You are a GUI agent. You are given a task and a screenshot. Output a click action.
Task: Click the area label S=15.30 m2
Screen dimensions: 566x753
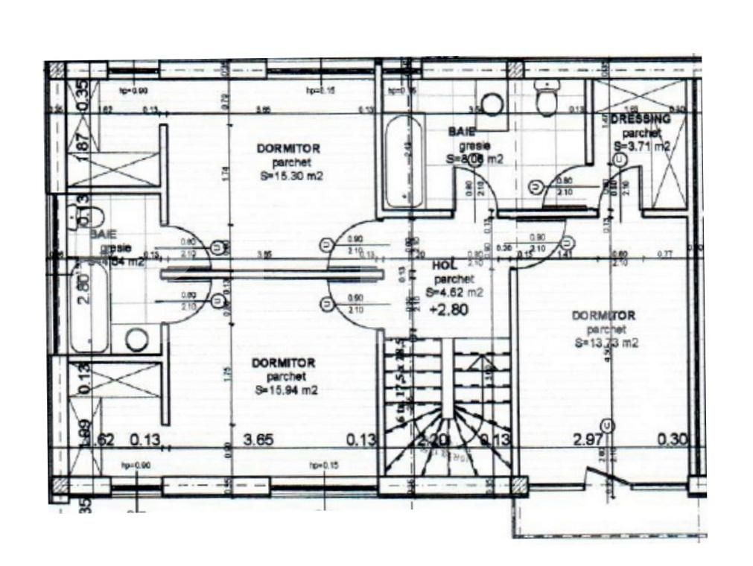pyautogui.click(x=287, y=176)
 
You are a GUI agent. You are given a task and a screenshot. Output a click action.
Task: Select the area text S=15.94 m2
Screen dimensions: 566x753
pyautogui.click(x=287, y=389)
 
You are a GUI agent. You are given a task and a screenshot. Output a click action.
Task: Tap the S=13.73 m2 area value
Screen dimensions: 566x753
pyautogui.click(x=606, y=343)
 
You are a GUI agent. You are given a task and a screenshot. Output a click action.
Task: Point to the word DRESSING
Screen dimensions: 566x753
pyautogui.click(x=640, y=119)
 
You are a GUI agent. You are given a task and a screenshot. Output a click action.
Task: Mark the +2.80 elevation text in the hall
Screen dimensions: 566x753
pyautogui.click(x=449, y=311)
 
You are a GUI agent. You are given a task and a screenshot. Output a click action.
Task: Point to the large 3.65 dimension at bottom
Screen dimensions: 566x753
pyautogui.click(x=259, y=440)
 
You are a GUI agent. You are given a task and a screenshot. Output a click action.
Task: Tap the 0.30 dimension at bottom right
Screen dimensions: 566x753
pyautogui.click(x=672, y=440)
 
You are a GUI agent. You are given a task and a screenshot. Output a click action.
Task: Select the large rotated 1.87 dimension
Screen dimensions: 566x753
pyautogui.click(x=83, y=147)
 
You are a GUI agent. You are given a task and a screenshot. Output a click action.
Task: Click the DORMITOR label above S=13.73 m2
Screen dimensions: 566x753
pyautogui.click(x=603, y=316)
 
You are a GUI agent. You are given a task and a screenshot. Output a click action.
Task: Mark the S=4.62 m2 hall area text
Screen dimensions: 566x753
pyautogui.click(x=455, y=293)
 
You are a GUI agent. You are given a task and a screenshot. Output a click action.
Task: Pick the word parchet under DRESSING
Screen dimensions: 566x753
pyautogui.click(x=638, y=133)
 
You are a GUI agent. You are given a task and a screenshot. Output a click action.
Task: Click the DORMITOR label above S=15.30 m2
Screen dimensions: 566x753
pyautogui.click(x=288, y=148)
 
